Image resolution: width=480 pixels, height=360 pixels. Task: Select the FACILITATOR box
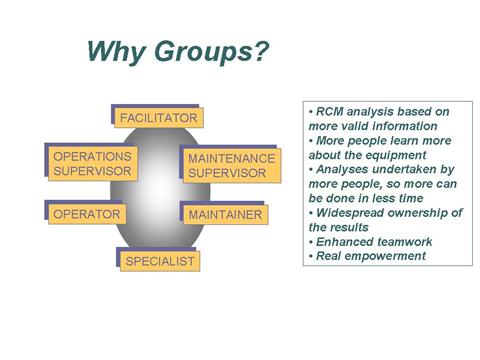[158, 119]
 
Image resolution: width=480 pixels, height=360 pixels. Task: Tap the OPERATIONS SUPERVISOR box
[92, 164]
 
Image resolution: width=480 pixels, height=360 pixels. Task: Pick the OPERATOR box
[88, 214]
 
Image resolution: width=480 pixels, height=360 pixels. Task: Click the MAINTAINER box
[224, 215]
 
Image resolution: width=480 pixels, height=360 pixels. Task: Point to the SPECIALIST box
[159, 262]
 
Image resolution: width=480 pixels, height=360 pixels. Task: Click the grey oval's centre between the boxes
[157, 190]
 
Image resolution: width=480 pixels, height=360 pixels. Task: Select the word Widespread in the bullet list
[349, 212]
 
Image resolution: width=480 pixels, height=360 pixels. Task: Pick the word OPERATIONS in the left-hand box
[92, 157]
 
